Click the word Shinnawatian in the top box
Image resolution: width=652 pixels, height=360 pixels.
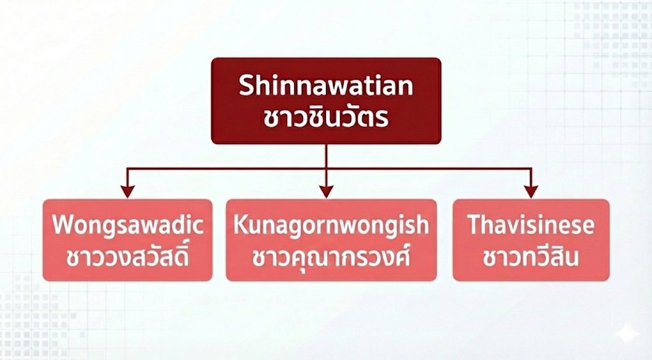point(326,86)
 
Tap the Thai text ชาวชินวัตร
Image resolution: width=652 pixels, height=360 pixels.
point(326,118)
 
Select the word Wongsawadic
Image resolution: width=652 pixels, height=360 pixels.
point(127,226)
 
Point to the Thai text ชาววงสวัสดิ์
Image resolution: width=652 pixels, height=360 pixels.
point(127,257)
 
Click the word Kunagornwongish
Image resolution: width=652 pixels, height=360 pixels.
point(331,226)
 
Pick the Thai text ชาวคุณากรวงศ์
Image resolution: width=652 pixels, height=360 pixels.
point(331,257)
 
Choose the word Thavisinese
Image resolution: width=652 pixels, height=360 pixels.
point(530,226)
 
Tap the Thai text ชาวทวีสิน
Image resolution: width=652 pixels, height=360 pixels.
point(530,257)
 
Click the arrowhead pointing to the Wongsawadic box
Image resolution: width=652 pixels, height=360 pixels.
point(128,191)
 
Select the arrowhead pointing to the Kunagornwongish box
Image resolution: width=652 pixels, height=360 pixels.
point(326,191)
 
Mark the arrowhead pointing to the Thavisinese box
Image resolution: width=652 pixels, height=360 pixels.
point(530,191)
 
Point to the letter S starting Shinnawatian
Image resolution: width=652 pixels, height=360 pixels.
point(246,86)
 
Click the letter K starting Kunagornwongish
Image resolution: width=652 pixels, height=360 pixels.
point(239,226)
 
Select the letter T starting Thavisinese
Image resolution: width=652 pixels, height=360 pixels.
point(473,226)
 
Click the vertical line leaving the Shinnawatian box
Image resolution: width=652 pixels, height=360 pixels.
point(326,155)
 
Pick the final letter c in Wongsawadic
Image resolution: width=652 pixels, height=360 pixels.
point(199,227)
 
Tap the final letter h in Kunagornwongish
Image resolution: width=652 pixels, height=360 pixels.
point(423,226)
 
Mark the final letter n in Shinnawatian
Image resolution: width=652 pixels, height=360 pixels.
point(406,87)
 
